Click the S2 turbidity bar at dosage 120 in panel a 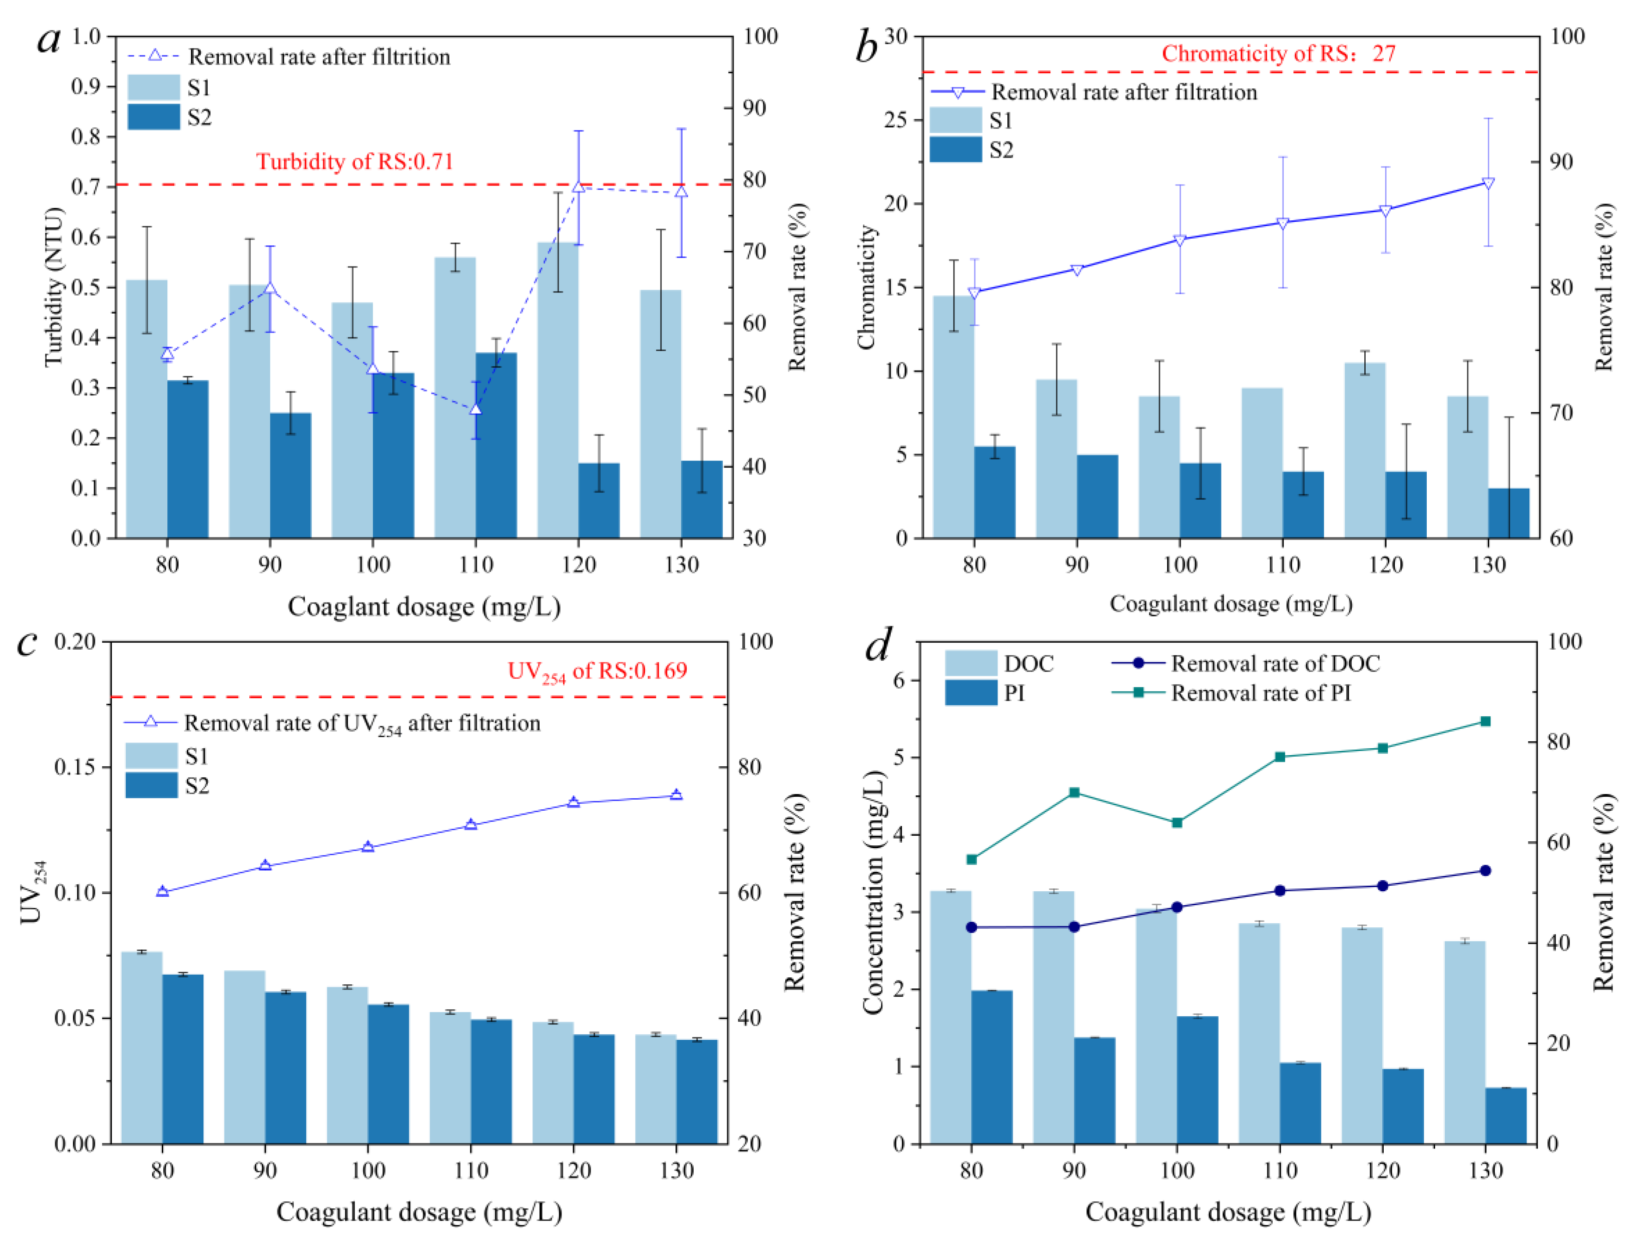coord(598,501)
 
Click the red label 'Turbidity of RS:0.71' coord(355,161)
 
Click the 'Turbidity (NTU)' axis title coord(53,287)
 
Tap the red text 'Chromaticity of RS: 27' coord(1278,53)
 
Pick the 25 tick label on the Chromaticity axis coord(895,120)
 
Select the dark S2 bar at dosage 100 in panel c coord(388,1074)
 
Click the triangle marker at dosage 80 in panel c coord(163,892)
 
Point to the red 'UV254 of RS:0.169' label coord(597,671)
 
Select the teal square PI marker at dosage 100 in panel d coord(1177,823)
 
